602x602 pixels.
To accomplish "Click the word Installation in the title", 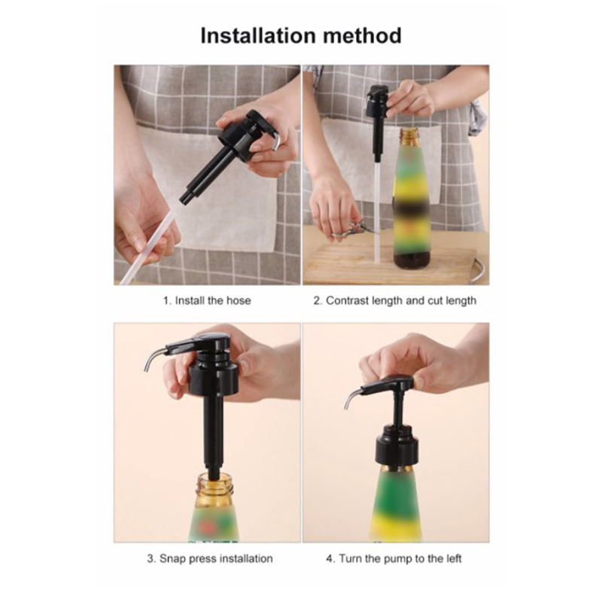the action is pyautogui.click(x=258, y=35).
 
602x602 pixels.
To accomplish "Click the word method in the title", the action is pyautogui.click(x=363, y=35).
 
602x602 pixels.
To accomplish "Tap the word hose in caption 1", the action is pyautogui.click(x=239, y=300).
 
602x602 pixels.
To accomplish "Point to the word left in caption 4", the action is pyautogui.click(x=453, y=558).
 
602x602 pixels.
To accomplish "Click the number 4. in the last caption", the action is pyautogui.click(x=330, y=558).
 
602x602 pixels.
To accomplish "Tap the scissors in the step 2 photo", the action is pyautogui.click(x=353, y=230).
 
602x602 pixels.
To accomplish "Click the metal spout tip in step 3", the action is pyautogui.click(x=147, y=369).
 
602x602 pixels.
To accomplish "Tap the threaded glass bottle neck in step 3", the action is pyautogui.click(x=214, y=485).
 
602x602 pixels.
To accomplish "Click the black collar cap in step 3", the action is pyautogui.click(x=214, y=379).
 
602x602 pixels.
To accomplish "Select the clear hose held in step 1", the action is pyautogui.click(x=147, y=246).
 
